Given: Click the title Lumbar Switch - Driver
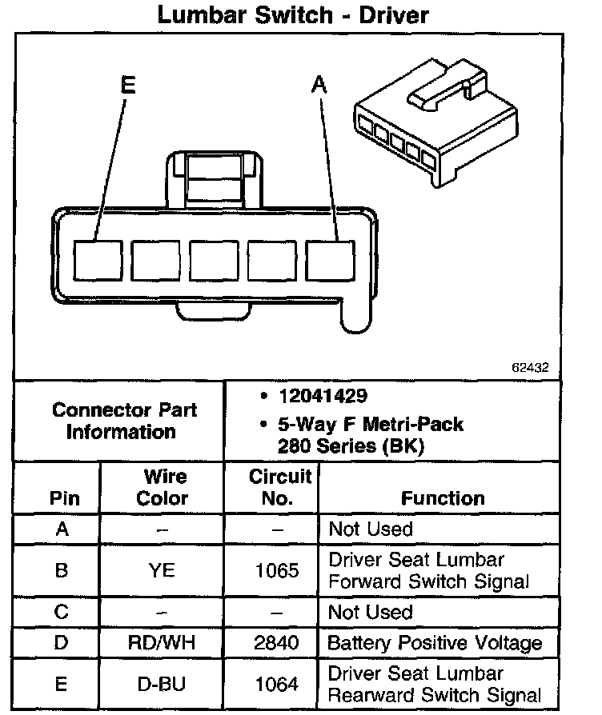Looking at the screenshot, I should (x=293, y=14).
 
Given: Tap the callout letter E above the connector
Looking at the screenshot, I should (x=128, y=85).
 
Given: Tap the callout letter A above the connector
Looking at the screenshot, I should (x=319, y=85).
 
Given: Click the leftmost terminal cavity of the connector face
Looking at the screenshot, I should (x=98, y=260).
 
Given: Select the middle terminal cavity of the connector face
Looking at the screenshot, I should (x=214, y=260).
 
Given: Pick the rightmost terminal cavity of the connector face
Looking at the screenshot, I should (x=331, y=260).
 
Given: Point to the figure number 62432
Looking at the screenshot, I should (x=530, y=369).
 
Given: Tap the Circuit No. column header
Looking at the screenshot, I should (x=279, y=487).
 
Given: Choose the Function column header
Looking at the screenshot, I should (x=443, y=497).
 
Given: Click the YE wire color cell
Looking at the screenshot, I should (x=163, y=570).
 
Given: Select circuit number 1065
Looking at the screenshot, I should (x=278, y=570).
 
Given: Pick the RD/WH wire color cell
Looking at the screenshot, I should (x=163, y=642).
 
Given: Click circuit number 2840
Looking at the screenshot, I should (x=278, y=642).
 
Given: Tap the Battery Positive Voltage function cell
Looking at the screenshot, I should (x=435, y=642).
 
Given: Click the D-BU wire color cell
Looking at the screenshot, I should (x=163, y=684).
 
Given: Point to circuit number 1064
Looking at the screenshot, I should (x=278, y=684).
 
